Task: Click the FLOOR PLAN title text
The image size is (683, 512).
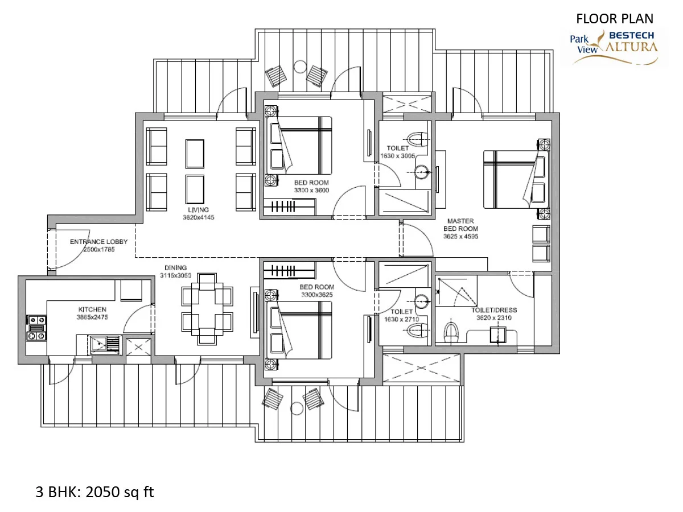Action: coord(614,19)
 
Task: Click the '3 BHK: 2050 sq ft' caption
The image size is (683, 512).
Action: coord(94,492)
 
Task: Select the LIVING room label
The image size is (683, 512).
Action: coord(198,210)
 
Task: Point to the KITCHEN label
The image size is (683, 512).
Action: coord(92,309)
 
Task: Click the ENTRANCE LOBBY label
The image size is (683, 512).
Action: coord(98,242)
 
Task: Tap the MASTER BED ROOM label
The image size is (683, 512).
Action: coord(460,225)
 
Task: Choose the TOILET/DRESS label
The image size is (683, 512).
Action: coord(494,310)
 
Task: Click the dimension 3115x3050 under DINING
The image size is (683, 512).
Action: coord(175,275)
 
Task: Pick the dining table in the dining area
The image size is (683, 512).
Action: coord(207,309)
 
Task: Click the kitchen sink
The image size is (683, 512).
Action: coord(105,344)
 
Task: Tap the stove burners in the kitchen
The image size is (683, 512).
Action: coord(37,328)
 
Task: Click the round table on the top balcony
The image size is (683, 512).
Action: coord(301,67)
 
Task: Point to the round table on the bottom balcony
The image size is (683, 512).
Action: coord(297,408)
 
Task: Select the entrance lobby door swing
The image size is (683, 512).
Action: coord(72,249)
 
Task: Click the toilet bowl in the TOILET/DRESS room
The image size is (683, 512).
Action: coord(451,332)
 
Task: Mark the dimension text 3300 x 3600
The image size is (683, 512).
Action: coord(311,190)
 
